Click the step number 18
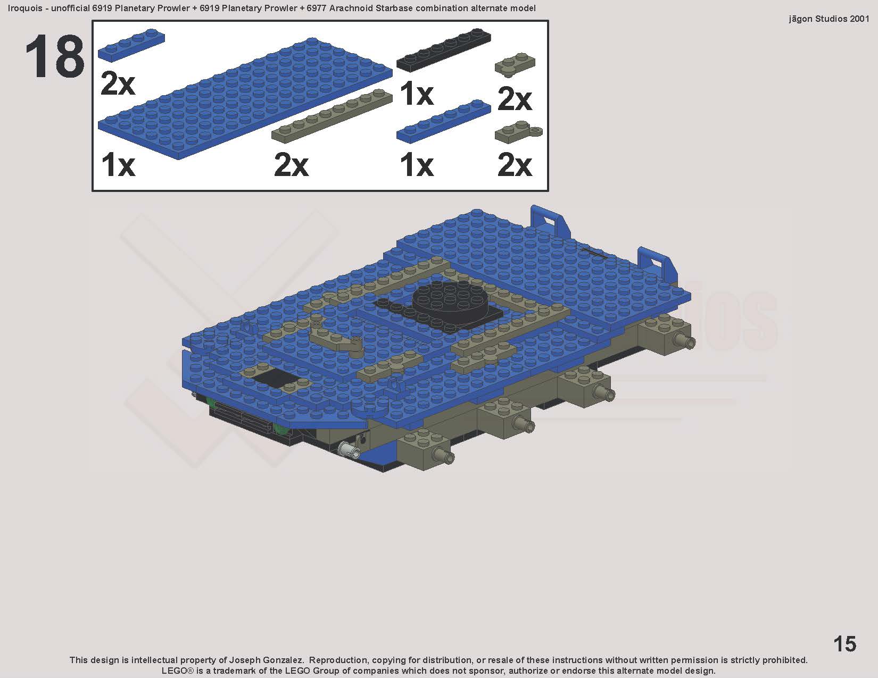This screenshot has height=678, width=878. [x=55, y=57]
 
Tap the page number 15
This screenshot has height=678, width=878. [x=845, y=644]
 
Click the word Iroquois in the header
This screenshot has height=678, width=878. [x=24, y=9]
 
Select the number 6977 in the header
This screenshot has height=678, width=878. [x=316, y=8]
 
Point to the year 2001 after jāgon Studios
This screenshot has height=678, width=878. [x=859, y=19]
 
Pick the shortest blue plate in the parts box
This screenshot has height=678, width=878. [x=131, y=45]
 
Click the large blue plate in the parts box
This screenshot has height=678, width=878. [x=245, y=98]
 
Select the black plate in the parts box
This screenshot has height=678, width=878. [x=444, y=50]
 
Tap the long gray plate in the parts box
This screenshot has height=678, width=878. [x=332, y=116]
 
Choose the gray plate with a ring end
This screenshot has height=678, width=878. [x=518, y=132]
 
